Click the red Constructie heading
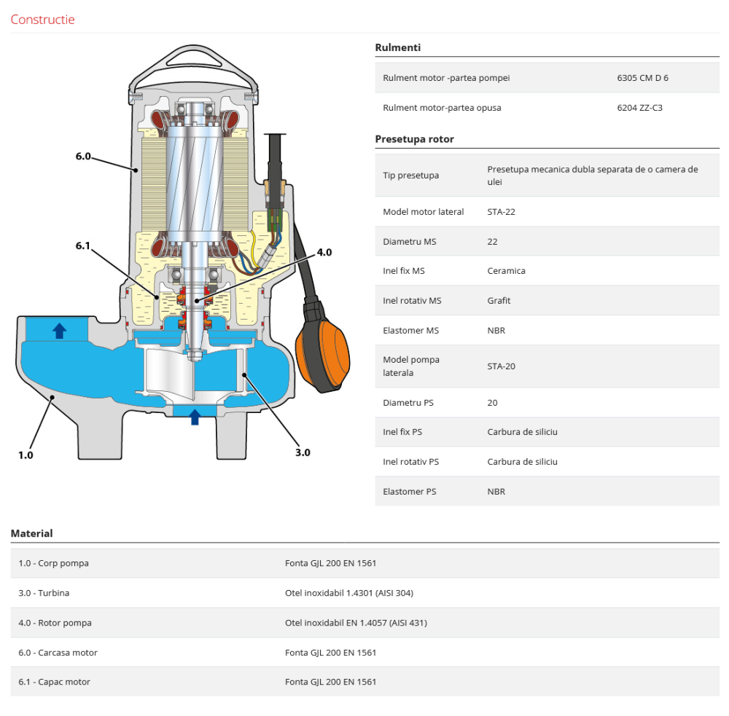coord(42,20)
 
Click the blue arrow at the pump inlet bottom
coord(195,417)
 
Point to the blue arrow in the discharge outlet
coord(60,331)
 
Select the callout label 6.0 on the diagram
coord(83,156)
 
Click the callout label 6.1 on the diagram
coord(83,245)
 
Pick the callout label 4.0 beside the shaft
coord(324,253)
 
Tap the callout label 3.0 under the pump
coord(303,452)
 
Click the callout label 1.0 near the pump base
coord(26,455)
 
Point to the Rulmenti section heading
coord(397,48)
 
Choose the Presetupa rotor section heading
coord(414,139)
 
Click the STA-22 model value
coord(502,212)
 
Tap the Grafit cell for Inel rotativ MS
coord(499,301)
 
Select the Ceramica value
coord(506,271)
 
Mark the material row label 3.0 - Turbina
coord(44,593)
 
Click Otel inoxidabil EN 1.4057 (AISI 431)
coord(356,623)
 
